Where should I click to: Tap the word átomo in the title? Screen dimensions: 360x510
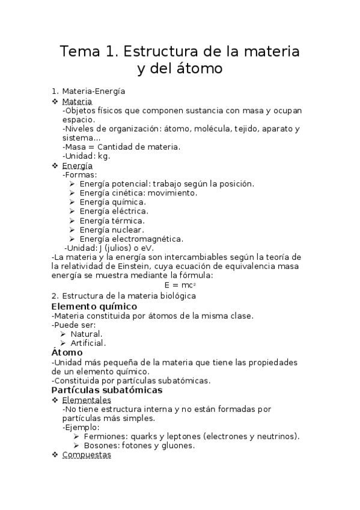(197, 69)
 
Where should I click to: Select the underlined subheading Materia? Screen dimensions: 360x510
(77, 101)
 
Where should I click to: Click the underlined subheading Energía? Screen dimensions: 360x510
(78, 165)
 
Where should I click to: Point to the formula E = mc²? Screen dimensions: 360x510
(180, 285)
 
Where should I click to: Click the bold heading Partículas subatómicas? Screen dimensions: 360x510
(107, 390)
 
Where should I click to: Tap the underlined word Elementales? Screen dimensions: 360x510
(87, 399)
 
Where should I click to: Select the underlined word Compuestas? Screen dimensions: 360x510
(87, 455)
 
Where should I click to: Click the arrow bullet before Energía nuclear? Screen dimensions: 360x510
(72, 230)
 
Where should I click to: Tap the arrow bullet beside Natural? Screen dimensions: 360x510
(64, 334)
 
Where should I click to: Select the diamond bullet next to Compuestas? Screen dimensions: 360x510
(55, 455)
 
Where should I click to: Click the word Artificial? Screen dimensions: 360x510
(88, 343)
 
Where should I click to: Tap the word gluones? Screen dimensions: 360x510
(177, 446)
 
